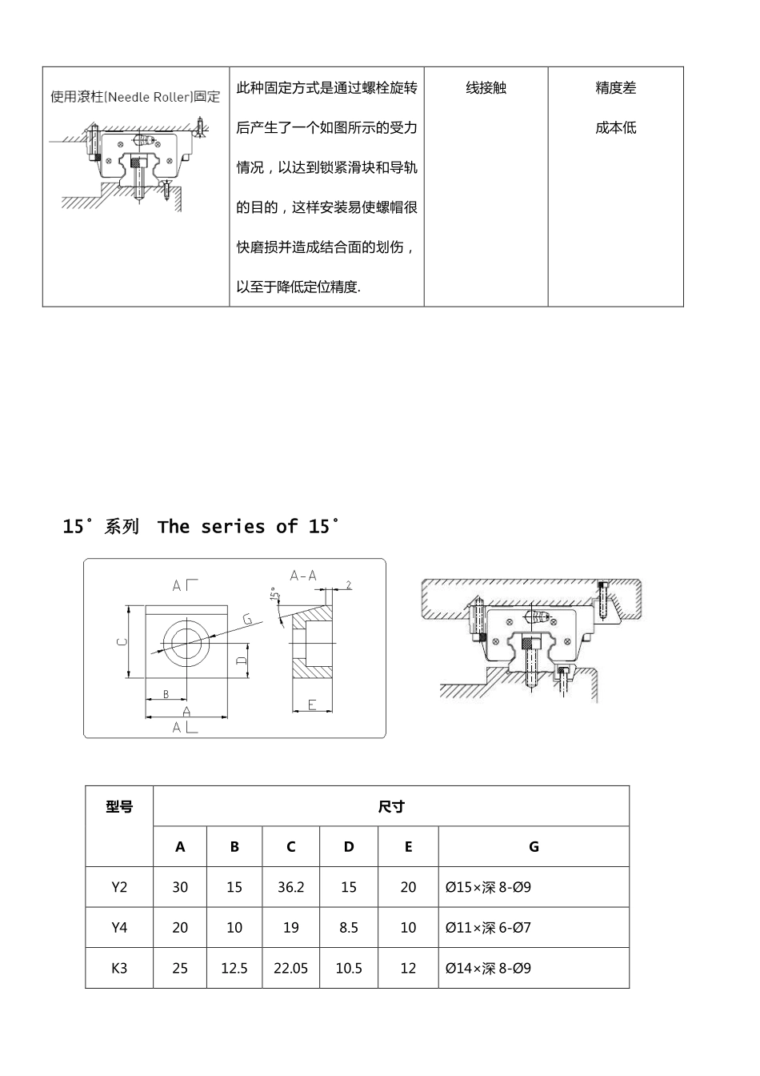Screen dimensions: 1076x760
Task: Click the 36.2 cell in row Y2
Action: pos(290,887)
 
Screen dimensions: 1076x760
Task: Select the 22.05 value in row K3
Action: pos(290,968)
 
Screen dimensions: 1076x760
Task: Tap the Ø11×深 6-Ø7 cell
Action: pos(488,928)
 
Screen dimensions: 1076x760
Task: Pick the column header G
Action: pos(534,846)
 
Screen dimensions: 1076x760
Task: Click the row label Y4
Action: pos(119,928)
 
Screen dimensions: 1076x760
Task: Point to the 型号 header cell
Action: pos(119,807)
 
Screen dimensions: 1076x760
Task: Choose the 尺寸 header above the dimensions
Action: pos(390,806)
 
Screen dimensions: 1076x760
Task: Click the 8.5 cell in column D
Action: pos(349,928)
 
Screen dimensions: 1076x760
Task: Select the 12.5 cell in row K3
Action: pos(234,968)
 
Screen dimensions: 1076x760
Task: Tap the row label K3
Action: pos(119,968)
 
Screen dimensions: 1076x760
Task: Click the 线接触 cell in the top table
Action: pos(486,88)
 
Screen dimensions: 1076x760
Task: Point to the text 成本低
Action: pos(615,128)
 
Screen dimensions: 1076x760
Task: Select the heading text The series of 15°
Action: pos(249,527)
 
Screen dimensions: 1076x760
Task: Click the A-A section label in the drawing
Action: pos(303,575)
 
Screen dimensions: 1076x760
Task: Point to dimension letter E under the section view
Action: pos(312,705)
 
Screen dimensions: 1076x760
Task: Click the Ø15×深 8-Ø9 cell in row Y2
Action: pos(488,887)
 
